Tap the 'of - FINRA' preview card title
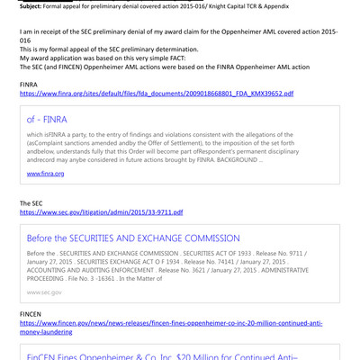[x=50, y=119]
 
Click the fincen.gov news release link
[x=171, y=322]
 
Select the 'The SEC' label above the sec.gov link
[x=32, y=203]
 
